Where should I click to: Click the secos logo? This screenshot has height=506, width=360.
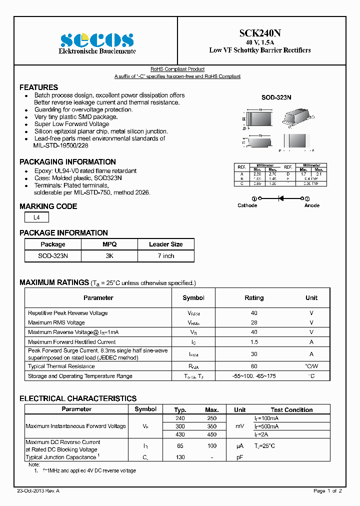click(x=97, y=40)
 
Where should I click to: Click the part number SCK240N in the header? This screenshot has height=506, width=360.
click(x=260, y=33)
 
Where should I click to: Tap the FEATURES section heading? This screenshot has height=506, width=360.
click(x=38, y=87)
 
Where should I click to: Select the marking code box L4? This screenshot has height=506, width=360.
click(x=36, y=217)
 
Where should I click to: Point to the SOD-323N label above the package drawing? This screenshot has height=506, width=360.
click(x=276, y=98)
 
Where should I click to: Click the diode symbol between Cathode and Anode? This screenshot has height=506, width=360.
click(x=280, y=198)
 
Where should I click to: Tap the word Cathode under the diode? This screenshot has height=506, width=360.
click(x=247, y=205)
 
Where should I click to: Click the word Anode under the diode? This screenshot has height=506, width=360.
click(x=311, y=205)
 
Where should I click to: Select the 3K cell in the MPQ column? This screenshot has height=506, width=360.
click(x=109, y=255)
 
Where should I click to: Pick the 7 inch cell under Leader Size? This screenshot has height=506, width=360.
click(x=165, y=255)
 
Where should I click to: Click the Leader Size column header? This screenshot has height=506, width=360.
click(x=165, y=244)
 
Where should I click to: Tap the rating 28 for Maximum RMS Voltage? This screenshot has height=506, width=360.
click(x=254, y=322)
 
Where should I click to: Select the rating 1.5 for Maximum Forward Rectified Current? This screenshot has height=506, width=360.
click(x=254, y=342)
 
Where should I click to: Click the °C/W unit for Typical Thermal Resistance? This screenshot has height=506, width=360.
click(x=311, y=366)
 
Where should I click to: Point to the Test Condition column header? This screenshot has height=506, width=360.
click(x=291, y=410)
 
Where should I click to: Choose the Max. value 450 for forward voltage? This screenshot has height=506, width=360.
click(x=211, y=435)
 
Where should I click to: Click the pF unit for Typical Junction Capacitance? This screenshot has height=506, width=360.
click(x=240, y=457)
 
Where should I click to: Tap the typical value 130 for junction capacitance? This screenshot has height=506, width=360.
click(x=180, y=457)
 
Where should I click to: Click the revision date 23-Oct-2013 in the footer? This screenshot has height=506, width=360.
click(x=38, y=491)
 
